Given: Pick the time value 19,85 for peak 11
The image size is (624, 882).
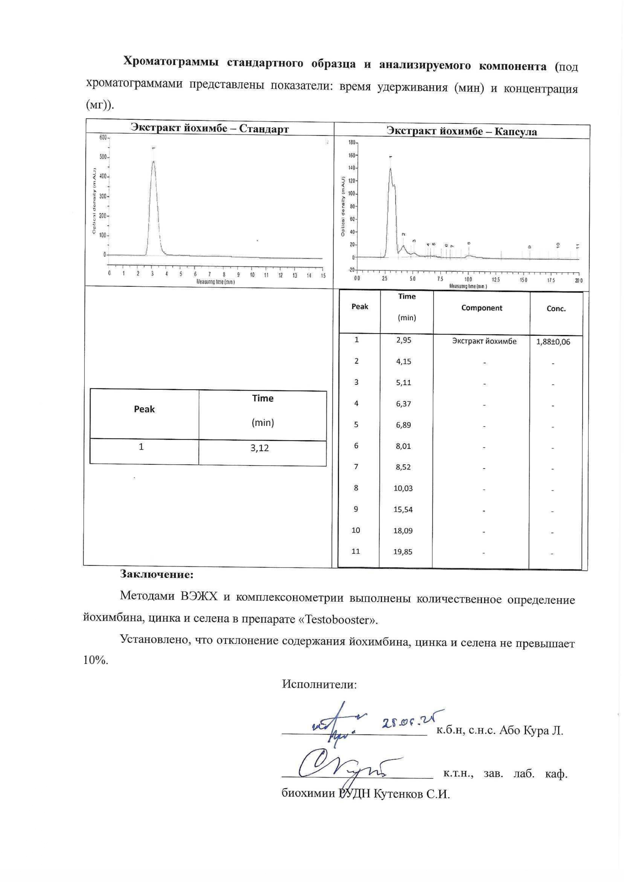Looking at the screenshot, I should [403, 552].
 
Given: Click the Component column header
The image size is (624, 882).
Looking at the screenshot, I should [482, 308].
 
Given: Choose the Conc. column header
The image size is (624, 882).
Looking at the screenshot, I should [556, 309].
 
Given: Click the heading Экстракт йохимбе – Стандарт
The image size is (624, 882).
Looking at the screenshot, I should [210, 128].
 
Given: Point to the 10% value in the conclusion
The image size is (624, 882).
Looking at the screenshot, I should [95, 660].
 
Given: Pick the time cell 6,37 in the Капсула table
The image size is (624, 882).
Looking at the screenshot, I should [403, 404].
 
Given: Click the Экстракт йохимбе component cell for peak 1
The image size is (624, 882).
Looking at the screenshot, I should [484, 341].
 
